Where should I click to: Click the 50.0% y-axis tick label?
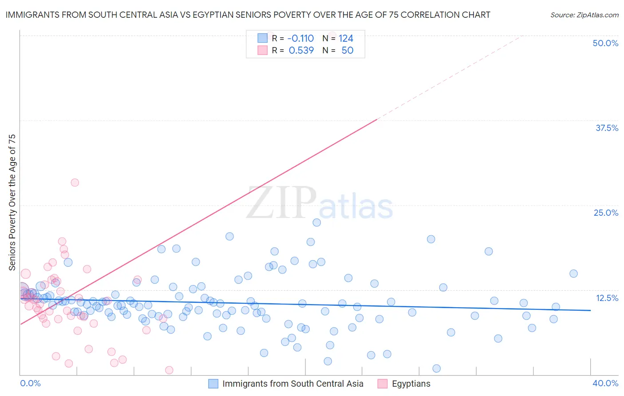pos(605,43)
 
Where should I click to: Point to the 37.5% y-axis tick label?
pos(607,128)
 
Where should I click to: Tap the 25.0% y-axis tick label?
pos(606,213)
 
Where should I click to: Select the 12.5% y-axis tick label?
pos(607,298)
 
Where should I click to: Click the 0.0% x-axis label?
pos(30,383)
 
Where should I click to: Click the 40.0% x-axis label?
pos(605,383)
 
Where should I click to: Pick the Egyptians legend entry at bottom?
pos(411,384)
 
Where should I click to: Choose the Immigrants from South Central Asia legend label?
pos(292,384)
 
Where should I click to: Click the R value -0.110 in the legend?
pos(300,38)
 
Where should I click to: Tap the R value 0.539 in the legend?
pos(301,50)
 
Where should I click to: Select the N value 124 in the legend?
pos(346,38)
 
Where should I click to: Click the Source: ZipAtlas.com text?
pos(584,15)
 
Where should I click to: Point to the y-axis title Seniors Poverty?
pos(12,202)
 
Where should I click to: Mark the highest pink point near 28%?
pos(75,182)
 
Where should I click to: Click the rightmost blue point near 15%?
pos(573,273)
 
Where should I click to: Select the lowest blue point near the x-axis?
pos(436,368)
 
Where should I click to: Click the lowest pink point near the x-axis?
pos(169,370)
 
